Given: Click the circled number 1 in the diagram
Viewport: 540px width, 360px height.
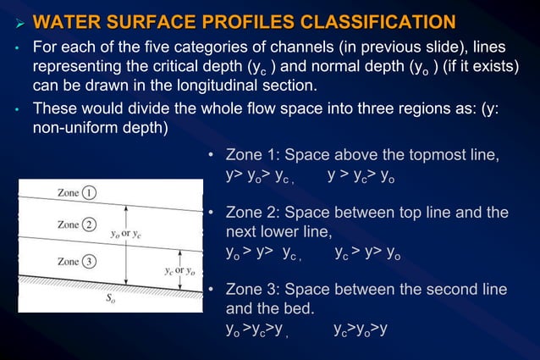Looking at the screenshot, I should (x=89, y=192).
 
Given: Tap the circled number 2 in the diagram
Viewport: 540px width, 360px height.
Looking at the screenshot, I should (x=89, y=224).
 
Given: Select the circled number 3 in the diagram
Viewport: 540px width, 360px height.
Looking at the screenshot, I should (x=89, y=262).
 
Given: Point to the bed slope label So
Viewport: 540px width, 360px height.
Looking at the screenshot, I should (x=110, y=297).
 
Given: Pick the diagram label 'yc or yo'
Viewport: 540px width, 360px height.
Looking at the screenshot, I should (x=179, y=271).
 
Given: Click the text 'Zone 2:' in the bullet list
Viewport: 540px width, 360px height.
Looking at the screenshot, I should (x=253, y=212).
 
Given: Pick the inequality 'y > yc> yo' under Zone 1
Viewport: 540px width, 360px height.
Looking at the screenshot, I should (x=361, y=177).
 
